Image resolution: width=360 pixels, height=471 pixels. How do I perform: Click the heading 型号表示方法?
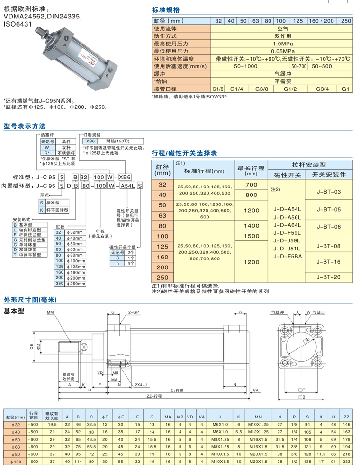(25, 126)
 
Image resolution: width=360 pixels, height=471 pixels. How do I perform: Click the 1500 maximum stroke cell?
(251, 235)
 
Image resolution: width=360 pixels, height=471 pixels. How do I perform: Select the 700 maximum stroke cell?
(251, 184)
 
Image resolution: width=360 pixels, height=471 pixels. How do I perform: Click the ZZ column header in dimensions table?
(346, 417)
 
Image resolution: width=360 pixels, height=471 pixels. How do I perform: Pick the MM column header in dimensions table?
(258, 417)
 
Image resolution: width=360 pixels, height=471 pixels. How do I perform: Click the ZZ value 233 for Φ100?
(346, 461)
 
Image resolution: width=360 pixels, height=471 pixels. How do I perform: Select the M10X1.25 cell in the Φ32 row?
(258, 425)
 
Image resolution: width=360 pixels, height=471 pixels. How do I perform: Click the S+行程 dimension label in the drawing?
(176, 391)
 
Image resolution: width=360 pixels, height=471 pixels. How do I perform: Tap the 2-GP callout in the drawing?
(134, 312)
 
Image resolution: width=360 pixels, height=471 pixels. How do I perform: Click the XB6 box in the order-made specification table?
(90, 141)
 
